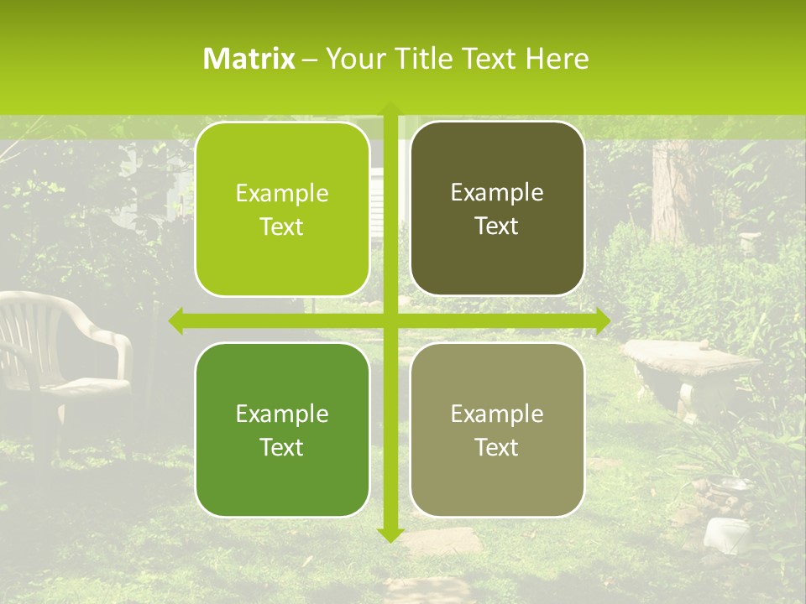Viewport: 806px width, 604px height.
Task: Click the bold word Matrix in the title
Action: pyautogui.click(x=249, y=59)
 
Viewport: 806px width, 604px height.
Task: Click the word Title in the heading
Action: pyautogui.click(x=417, y=59)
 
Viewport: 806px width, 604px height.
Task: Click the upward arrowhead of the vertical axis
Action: pyautogui.click(x=390, y=108)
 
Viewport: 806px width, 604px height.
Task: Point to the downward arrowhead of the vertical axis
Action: pyautogui.click(x=390, y=534)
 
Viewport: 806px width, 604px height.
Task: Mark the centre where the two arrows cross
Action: pyautogui.click(x=390, y=320)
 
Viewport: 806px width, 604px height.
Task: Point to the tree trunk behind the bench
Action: pyautogui.click(x=670, y=189)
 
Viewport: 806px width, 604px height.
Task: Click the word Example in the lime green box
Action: pyautogui.click(x=282, y=194)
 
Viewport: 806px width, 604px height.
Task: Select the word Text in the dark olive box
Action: pyautogui.click(x=497, y=226)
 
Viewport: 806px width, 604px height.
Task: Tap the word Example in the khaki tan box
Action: pyautogui.click(x=497, y=414)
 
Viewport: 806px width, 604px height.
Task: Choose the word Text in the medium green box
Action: pyautogui.click(x=282, y=447)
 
